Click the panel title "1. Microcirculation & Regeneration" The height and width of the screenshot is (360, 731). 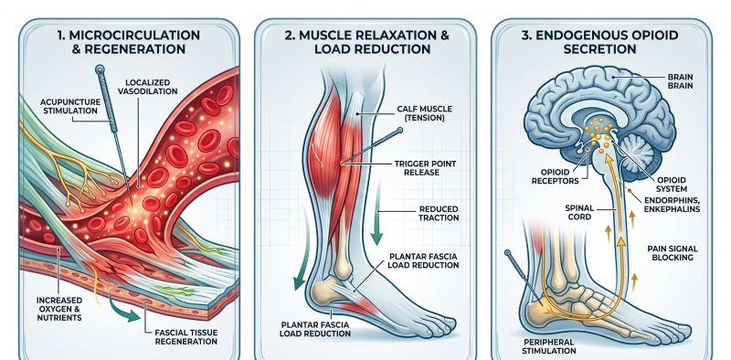point(129,42)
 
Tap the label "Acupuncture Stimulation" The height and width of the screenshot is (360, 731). point(69,106)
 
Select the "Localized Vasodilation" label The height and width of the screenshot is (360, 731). point(148,86)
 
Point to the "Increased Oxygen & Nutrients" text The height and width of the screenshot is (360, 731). point(60,308)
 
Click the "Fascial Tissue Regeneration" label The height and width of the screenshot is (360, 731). point(186,336)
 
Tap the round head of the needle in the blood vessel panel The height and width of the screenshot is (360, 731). point(100,70)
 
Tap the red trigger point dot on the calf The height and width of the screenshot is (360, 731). point(342,164)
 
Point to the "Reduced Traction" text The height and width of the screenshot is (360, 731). point(439,213)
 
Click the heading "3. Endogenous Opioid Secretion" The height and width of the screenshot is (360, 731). point(599,42)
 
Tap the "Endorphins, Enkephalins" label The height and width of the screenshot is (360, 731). point(672,206)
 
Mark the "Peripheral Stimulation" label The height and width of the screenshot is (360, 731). point(549,345)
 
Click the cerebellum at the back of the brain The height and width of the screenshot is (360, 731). point(639,153)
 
